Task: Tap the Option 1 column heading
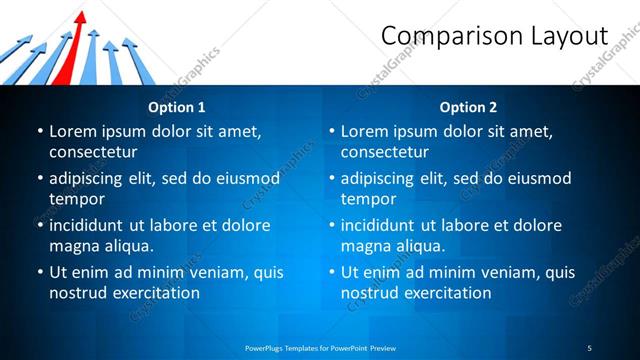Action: (x=177, y=107)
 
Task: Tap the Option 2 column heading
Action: (x=468, y=107)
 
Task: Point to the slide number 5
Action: (x=589, y=347)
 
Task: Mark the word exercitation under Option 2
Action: (x=447, y=293)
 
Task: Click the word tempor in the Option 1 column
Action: (x=76, y=198)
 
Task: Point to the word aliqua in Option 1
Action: (x=128, y=246)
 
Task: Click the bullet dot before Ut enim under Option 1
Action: (x=39, y=272)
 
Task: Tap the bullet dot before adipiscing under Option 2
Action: (x=331, y=178)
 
